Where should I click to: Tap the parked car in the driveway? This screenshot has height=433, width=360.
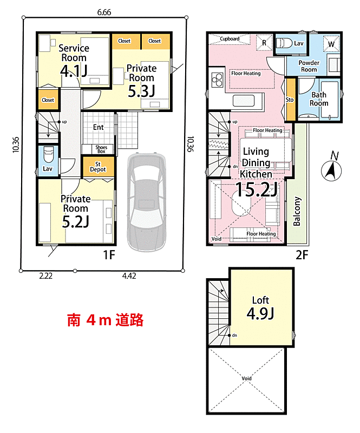(x=146, y=201)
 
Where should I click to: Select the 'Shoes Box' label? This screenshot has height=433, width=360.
(x=101, y=149)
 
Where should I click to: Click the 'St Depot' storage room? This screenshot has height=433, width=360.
(x=98, y=167)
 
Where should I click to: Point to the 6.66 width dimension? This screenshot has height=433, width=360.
(x=104, y=12)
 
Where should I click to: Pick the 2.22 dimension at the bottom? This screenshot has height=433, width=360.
(x=46, y=276)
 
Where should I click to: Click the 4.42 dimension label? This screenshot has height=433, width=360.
(x=129, y=276)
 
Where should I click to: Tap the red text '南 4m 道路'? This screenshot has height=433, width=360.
(x=105, y=320)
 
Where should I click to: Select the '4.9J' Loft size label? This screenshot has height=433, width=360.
(x=260, y=313)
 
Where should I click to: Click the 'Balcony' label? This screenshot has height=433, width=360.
(x=297, y=211)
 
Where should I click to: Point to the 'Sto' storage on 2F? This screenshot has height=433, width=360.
(x=290, y=100)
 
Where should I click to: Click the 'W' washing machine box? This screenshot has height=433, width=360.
(x=331, y=44)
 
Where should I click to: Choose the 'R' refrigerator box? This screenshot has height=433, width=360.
(x=264, y=43)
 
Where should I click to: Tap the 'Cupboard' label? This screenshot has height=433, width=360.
(x=230, y=38)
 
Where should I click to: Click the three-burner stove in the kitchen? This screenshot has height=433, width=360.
(x=218, y=80)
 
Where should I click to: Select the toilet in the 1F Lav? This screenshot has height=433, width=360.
(x=49, y=155)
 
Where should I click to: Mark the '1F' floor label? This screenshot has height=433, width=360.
(x=109, y=254)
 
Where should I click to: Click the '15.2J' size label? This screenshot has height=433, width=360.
(x=257, y=190)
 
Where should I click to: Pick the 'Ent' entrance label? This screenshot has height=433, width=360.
(x=99, y=127)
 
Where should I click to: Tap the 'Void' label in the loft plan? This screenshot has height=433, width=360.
(x=246, y=378)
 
